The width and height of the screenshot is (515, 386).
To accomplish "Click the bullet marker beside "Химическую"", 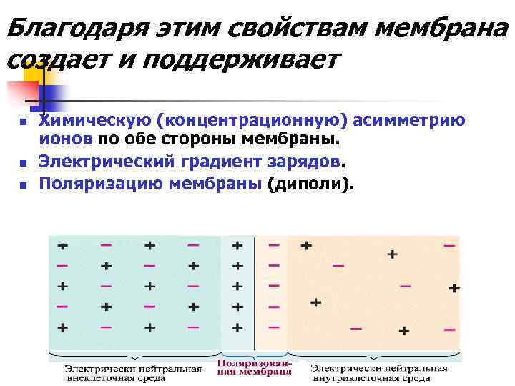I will click(23, 122).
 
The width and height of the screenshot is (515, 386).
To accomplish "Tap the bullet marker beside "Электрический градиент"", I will click(23, 162).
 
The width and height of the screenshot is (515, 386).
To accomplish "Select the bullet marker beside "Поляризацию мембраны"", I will click(23, 185).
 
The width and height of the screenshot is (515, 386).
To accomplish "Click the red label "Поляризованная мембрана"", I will click(254, 367).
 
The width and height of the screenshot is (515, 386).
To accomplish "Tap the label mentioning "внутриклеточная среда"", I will click(380, 373).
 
